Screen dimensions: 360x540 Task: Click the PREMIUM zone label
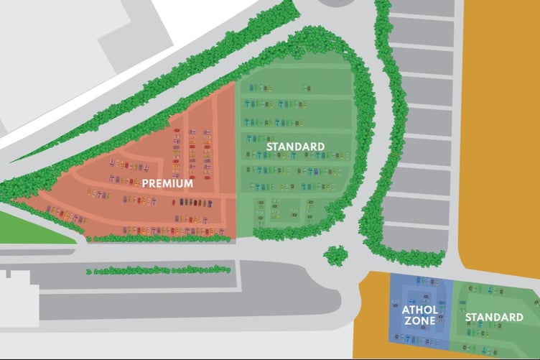pos(167,183)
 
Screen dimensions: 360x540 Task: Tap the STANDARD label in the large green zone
pos(295,147)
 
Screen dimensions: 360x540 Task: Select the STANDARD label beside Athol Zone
pos(494,317)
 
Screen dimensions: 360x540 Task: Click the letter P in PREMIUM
pos(145,183)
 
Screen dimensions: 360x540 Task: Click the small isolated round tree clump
pos(334,254)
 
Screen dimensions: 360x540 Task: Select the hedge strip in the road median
pos(158,270)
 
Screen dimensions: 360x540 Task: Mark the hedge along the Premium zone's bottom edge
pos(158,236)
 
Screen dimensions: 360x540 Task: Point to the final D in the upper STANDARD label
pos(321,147)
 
